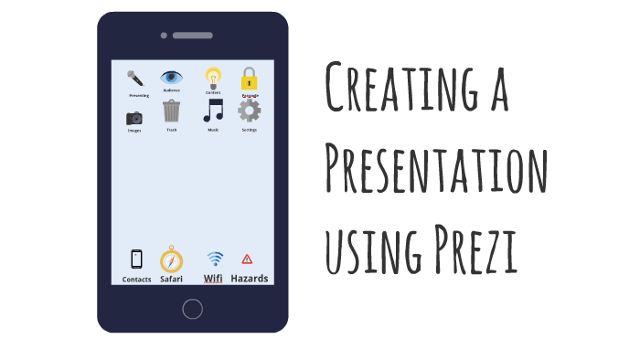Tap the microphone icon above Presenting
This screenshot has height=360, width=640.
point(135,79)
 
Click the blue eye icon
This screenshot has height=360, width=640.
point(172,78)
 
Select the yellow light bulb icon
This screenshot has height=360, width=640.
point(213,78)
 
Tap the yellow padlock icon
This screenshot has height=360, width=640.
point(249,79)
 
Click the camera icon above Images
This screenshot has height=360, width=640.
point(134,118)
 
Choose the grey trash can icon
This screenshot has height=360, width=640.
point(172,111)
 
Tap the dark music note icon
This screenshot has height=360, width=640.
point(213,111)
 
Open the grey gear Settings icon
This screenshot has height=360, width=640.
point(249,111)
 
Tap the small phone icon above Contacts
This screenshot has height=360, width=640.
point(137,259)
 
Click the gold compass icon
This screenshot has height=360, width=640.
point(172,259)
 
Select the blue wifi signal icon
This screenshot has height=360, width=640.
point(215,259)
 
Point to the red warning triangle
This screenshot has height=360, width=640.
point(247,259)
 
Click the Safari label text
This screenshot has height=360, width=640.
point(172,279)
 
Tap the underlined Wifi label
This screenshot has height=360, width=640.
point(213,279)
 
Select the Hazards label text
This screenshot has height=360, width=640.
point(249,279)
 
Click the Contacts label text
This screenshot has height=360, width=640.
point(137,280)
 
